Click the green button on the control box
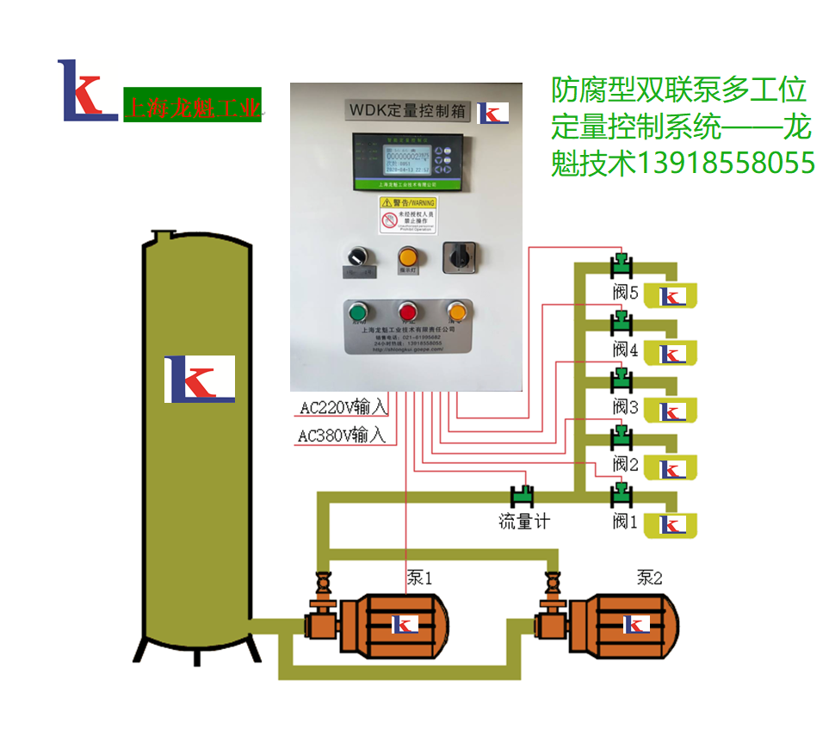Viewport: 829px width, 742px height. (x=356, y=311)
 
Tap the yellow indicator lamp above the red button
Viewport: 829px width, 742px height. (x=407, y=256)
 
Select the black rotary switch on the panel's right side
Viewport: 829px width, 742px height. (x=458, y=257)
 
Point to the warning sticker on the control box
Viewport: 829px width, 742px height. (x=408, y=215)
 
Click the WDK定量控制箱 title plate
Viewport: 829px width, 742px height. (x=407, y=111)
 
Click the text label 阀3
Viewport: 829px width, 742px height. (x=626, y=406)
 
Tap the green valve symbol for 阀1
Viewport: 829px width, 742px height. (x=622, y=495)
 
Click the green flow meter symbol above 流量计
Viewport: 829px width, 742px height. (x=523, y=496)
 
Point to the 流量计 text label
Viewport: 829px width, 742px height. (x=523, y=522)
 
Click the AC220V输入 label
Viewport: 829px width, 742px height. (x=343, y=406)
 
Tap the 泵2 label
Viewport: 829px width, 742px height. (x=649, y=578)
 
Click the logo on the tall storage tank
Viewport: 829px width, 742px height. (x=200, y=379)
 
